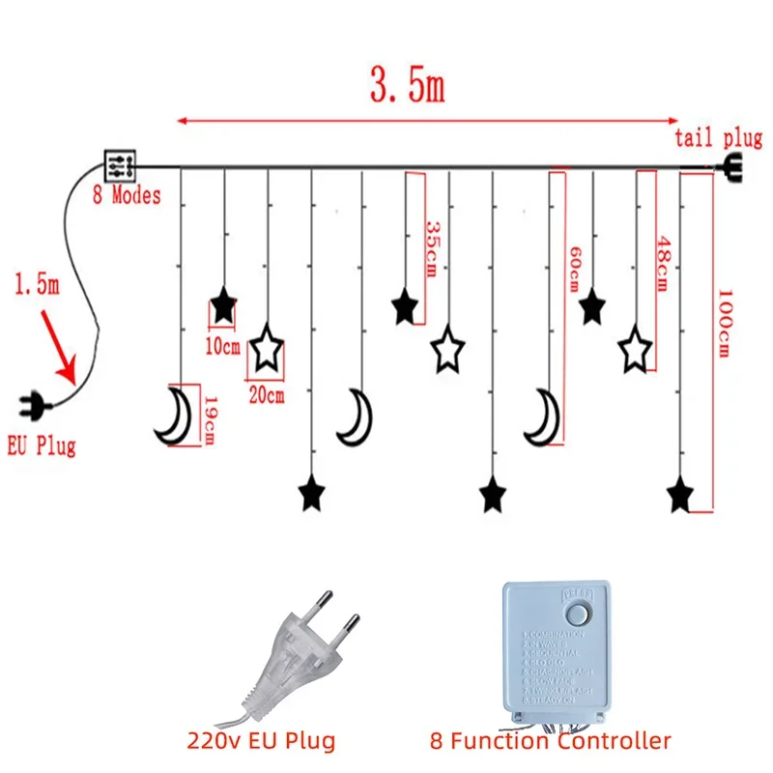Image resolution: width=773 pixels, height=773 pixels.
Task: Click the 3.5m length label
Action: click(x=407, y=87)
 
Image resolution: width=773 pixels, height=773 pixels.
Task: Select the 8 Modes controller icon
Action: click(x=122, y=165)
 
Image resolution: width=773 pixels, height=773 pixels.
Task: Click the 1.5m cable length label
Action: click(x=37, y=287)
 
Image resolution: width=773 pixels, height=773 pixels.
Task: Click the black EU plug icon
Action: click(x=36, y=405)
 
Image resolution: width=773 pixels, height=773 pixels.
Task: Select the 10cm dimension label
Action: click(x=223, y=344)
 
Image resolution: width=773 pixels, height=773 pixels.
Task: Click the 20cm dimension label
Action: click(x=267, y=394)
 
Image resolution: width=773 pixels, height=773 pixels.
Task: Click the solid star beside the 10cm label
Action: click(x=223, y=307)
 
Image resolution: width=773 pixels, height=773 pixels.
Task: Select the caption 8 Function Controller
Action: click(x=551, y=741)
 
